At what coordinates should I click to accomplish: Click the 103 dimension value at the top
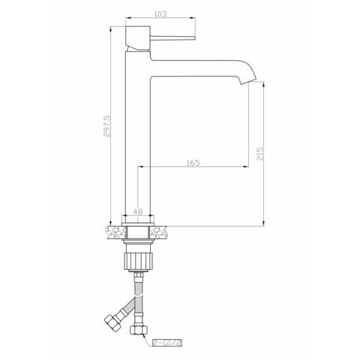[x=160, y=13]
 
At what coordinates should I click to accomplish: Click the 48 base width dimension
[x=138, y=212]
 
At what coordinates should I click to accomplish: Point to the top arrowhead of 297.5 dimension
[x=112, y=32]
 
